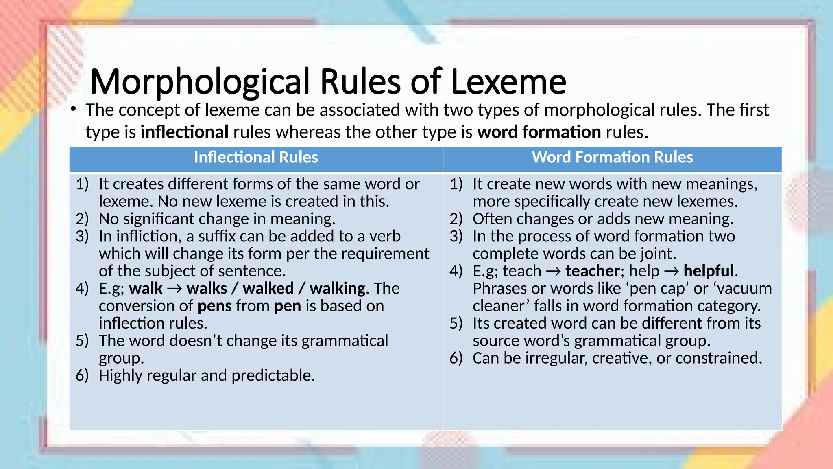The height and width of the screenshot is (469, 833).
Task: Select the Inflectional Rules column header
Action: click(256, 158)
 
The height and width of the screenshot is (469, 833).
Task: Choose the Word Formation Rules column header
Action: click(612, 158)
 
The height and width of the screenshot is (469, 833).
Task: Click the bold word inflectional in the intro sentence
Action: click(184, 132)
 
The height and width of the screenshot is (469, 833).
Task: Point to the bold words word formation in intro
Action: click(539, 132)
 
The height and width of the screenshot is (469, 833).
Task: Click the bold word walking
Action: click(337, 289)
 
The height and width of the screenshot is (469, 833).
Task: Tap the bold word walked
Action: click(268, 289)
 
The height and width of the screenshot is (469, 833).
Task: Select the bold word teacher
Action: click(592, 271)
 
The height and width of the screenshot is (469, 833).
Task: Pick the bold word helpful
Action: click(709, 271)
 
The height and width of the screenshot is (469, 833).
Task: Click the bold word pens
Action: click(214, 306)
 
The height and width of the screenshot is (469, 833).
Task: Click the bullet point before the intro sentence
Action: click(73, 109)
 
